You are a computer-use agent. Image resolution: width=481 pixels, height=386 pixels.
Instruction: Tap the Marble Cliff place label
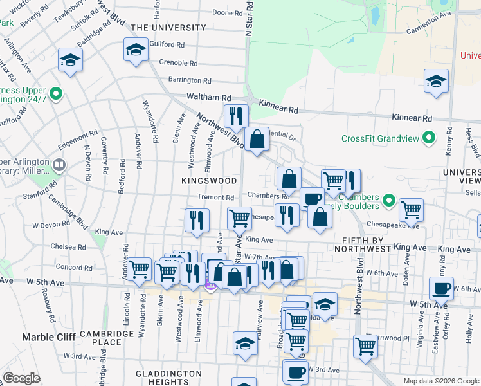pyautogui.click(x=49, y=336)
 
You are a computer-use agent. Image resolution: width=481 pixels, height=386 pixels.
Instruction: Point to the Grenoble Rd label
pyautogui.click(x=178, y=63)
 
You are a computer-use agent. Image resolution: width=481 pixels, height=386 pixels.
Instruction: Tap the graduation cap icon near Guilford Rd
pyautogui.click(x=136, y=50)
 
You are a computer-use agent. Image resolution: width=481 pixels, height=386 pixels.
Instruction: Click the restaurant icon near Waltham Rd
pyautogui.click(x=236, y=116)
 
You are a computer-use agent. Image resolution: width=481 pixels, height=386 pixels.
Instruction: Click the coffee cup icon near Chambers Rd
pyautogui.click(x=312, y=199)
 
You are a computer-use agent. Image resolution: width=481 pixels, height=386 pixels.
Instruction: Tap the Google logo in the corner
pyautogui.click(x=22, y=378)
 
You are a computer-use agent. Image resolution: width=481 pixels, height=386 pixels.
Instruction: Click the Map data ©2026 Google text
pyautogui.click(x=440, y=381)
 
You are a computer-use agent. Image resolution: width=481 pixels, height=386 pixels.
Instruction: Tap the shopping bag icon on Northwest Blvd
pyautogui.click(x=257, y=140)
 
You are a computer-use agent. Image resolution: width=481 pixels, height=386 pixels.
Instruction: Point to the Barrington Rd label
pyautogui.click(x=190, y=81)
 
